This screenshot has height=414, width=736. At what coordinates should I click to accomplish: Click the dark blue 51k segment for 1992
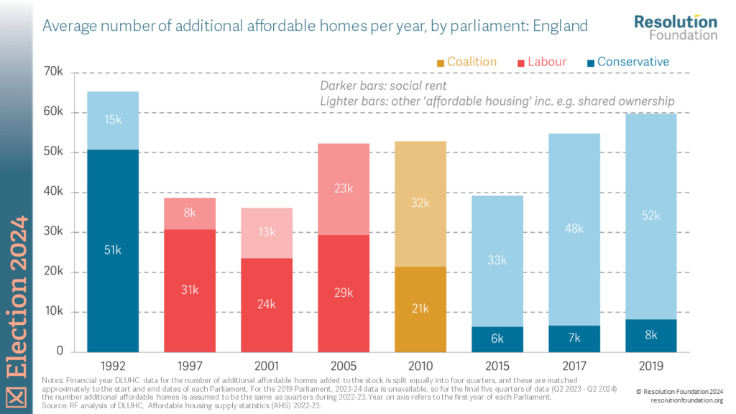pyautogui.click(x=113, y=250)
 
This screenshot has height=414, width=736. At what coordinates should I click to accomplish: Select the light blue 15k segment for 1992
pyautogui.click(x=113, y=120)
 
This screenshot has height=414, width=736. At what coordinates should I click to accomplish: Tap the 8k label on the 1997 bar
pyautogui.click(x=190, y=213)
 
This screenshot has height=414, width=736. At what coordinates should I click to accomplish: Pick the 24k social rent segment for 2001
pyautogui.click(x=267, y=304)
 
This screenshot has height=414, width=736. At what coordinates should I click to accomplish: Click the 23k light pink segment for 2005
pyautogui.click(x=344, y=189)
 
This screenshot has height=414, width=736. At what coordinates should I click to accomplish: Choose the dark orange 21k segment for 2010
pyautogui.click(x=420, y=308)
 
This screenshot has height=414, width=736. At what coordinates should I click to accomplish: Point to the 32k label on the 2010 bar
pyautogui.click(x=420, y=203)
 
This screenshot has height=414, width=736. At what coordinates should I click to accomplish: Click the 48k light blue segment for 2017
pyautogui.click(x=574, y=229)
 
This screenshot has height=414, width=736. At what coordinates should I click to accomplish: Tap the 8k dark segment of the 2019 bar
pyautogui.click(x=651, y=335)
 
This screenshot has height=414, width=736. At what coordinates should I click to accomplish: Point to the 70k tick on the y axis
pyautogui.click(x=55, y=72)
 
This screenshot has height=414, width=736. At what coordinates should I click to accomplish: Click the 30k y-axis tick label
pyautogui.click(x=55, y=232)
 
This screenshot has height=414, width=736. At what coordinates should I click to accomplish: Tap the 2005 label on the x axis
pyautogui.click(x=344, y=365)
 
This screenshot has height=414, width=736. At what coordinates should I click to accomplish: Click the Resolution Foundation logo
pyautogui.click(x=675, y=27)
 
